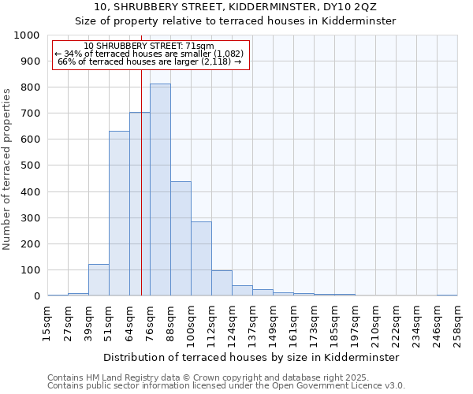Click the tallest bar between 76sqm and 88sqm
pos(160,190)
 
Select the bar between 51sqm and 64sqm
pos(119,214)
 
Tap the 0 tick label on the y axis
pos(37,296)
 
